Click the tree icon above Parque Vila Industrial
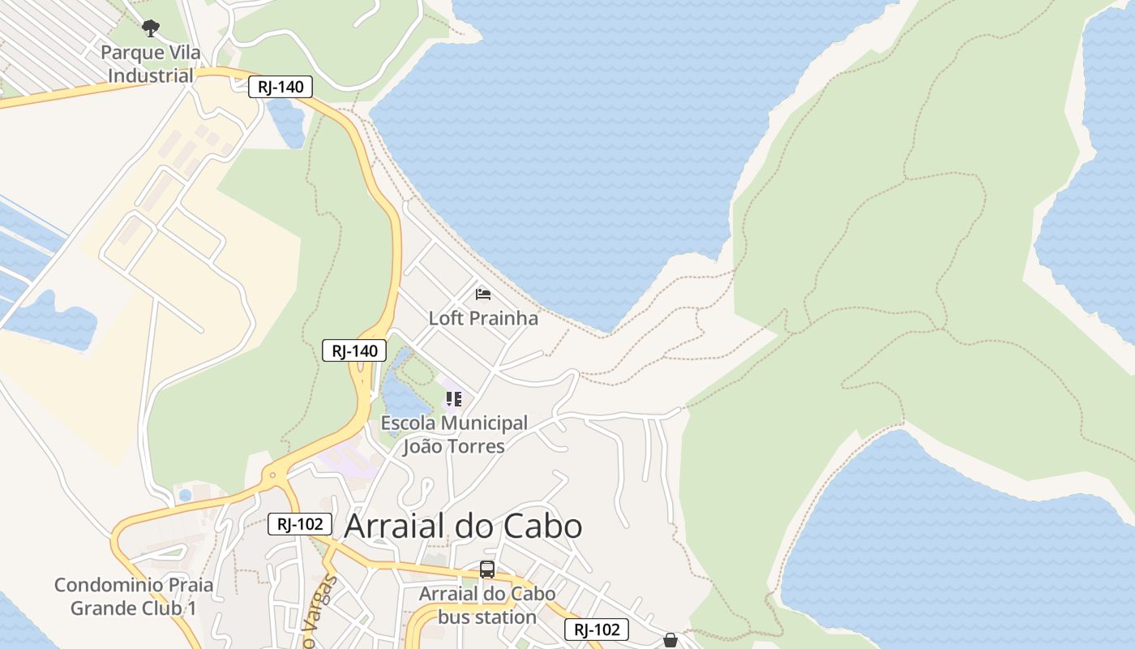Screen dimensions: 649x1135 (150, 28)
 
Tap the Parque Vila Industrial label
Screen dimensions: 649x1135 (151, 64)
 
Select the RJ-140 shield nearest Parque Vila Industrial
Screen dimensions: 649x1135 (281, 87)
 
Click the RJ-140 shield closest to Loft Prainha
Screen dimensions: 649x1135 (354, 351)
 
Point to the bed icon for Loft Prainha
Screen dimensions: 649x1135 (483, 294)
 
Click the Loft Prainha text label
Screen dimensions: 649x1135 (483, 318)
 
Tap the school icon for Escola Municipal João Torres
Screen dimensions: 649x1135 (454, 399)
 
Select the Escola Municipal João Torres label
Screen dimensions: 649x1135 (454, 435)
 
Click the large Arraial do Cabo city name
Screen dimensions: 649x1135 (463, 527)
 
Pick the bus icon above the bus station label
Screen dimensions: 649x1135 (487, 569)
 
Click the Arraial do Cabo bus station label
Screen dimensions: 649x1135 (487, 605)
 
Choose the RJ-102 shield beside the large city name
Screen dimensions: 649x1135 (300, 524)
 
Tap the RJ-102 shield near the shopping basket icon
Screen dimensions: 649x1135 (597, 630)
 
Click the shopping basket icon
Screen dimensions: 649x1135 (670, 640)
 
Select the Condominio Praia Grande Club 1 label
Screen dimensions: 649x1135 (134, 596)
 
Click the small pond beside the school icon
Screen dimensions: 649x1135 (403, 393)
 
